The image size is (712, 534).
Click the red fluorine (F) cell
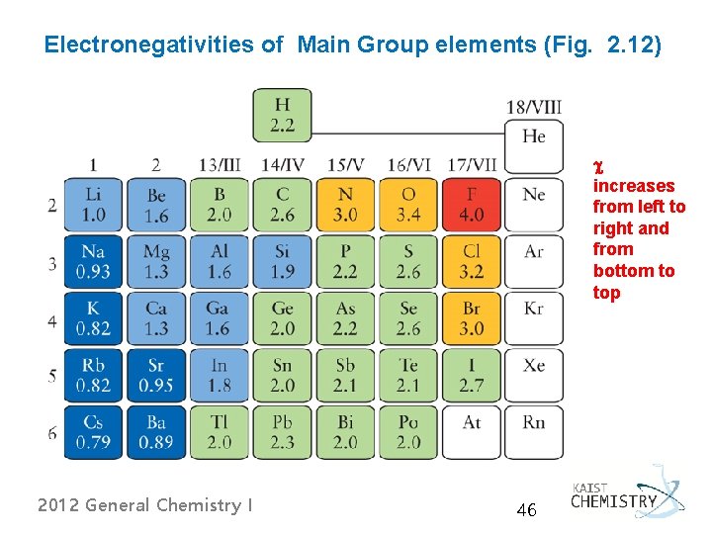(x=472, y=205)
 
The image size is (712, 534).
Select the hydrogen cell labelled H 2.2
(x=283, y=116)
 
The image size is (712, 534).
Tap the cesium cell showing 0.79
(x=93, y=432)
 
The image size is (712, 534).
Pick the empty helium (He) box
(x=534, y=146)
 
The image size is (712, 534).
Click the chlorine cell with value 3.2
(x=472, y=261)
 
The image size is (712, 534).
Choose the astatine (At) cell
(x=472, y=432)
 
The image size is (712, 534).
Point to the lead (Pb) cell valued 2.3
(x=283, y=432)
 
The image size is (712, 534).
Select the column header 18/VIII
(x=534, y=108)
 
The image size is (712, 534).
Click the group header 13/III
(x=220, y=164)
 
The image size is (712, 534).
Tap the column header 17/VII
(x=473, y=164)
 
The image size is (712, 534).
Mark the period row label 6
(x=52, y=433)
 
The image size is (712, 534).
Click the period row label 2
(x=52, y=206)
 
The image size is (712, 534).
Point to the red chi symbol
(x=599, y=168)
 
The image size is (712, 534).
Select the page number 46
(x=527, y=510)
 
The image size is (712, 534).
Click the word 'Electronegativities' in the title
(x=149, y=45)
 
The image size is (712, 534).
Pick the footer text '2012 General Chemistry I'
(x=144, y=505)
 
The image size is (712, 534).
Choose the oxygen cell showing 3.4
(x=408, y=205)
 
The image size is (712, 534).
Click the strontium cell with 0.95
(x=156, y=376)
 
